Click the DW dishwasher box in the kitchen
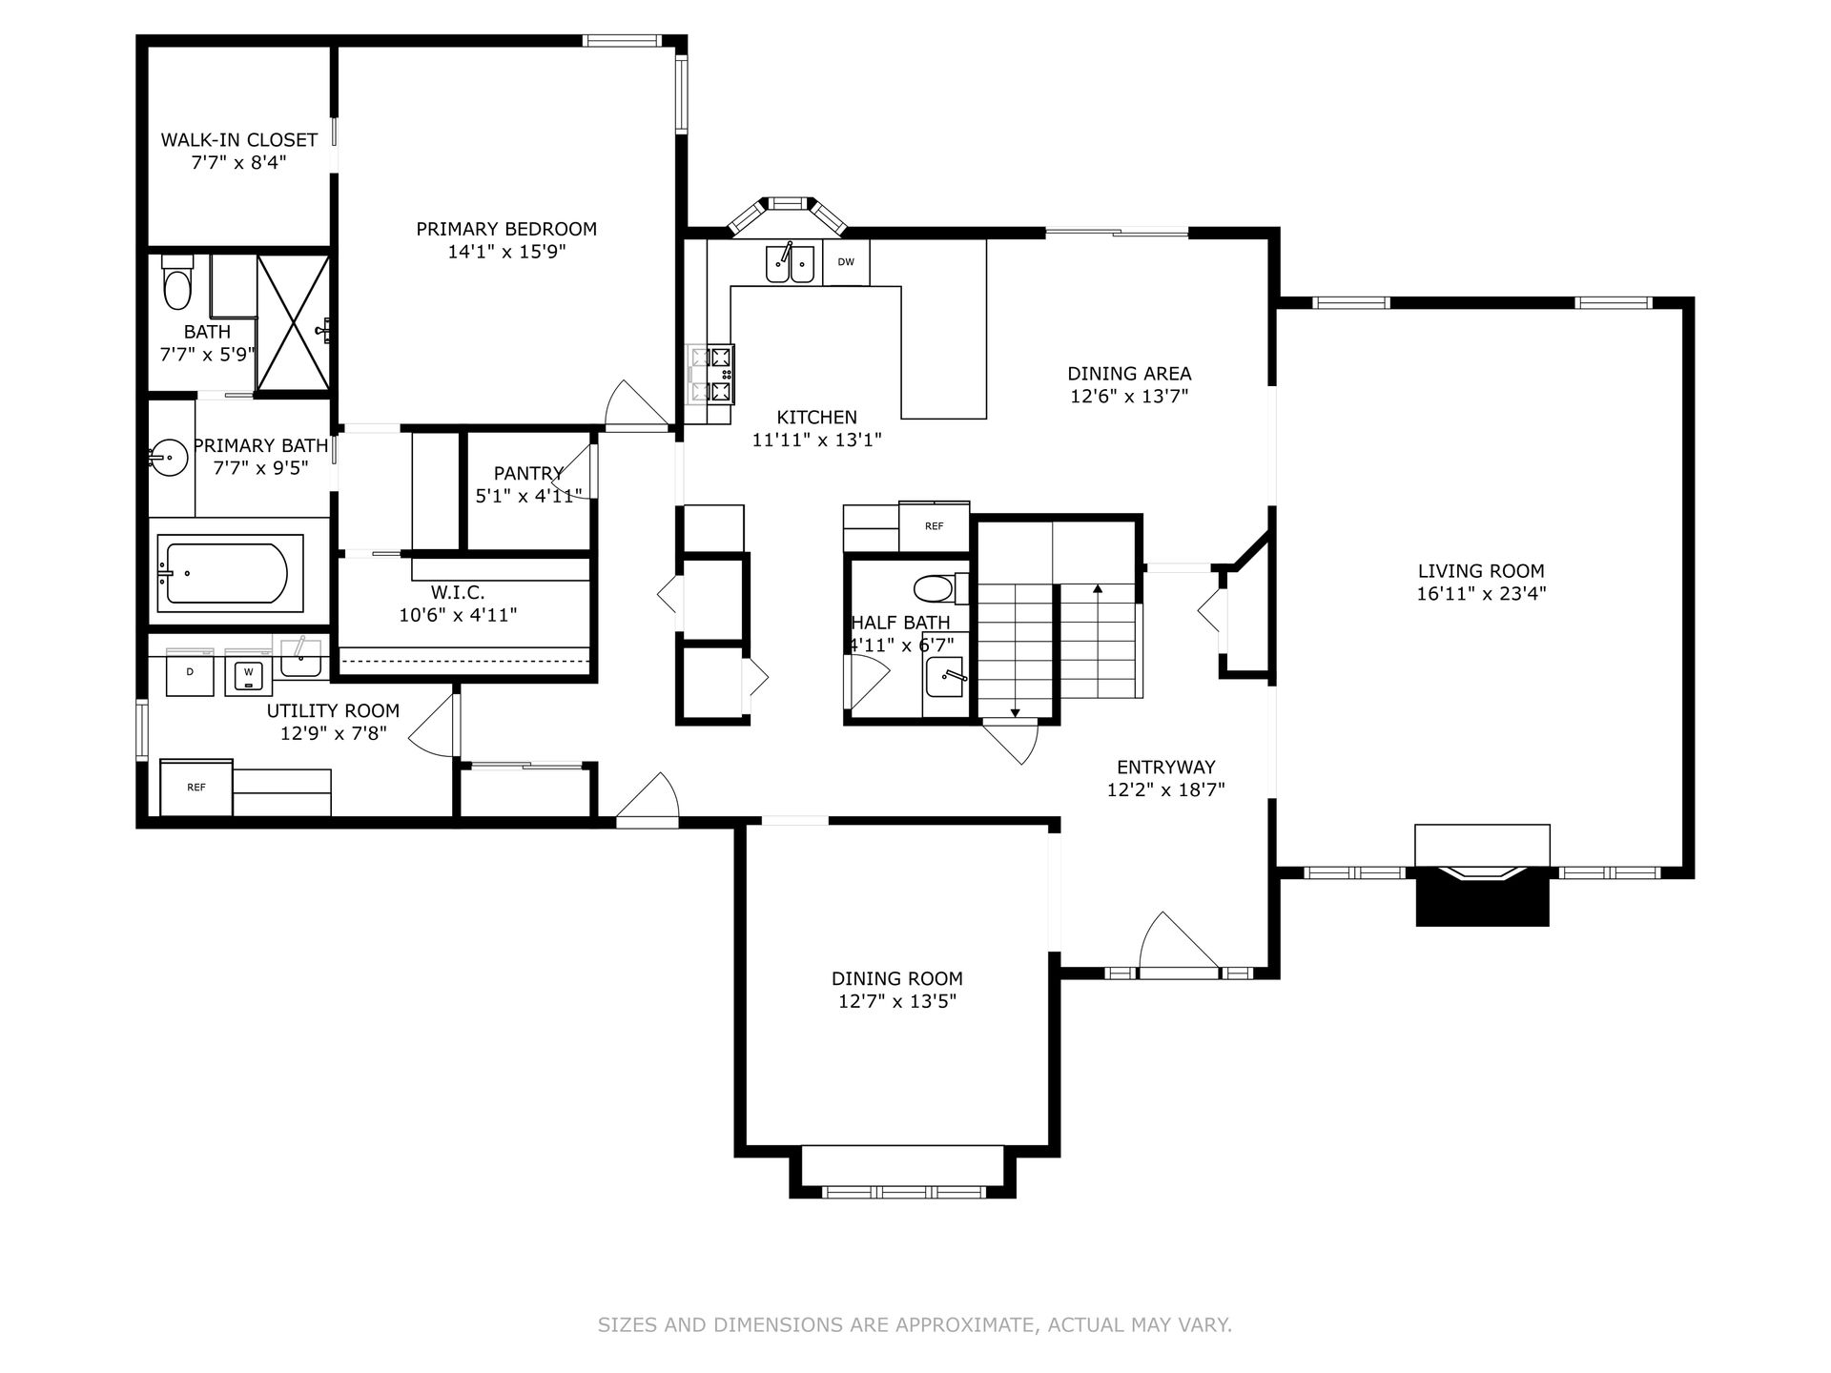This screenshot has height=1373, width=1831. click(x=846, y=262)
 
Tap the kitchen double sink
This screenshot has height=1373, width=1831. click(x=790, y=263)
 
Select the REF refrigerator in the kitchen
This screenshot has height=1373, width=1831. click(x=935, y=526)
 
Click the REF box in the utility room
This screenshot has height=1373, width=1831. click(x=196, y=788)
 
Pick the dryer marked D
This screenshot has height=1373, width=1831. click(x=190, y=672)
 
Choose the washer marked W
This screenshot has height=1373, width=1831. click(x=249, y=672)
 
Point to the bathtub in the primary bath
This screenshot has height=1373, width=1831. click(x=227, y=573)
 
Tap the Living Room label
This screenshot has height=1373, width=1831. click(x=1481, y=571)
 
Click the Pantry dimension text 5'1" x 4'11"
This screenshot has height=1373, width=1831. click(x=528, y=496)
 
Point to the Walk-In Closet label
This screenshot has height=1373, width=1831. click(x=238, y=140)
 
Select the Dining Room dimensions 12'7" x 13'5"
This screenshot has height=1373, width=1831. click(x=896, y=1001)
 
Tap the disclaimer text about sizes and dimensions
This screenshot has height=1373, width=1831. click(x=915, y=1324)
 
